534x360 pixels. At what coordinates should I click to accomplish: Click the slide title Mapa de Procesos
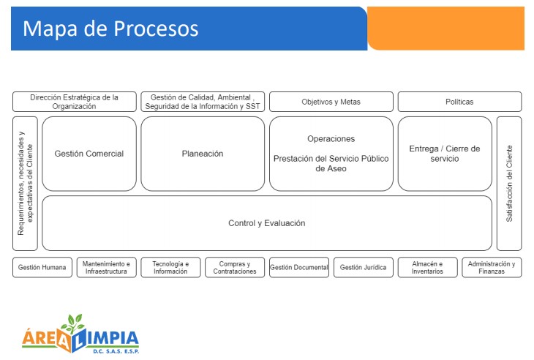click(x=110, y=29)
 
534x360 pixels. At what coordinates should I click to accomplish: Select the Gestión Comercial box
click(x=89, y=154)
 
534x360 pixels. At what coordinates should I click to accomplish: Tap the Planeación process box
click(x=203, y=154)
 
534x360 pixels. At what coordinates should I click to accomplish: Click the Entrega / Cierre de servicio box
click(x=445, y=154)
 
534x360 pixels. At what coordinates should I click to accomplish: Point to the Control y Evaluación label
click(x=267, y=223)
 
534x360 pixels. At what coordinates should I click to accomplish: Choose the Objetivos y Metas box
click(x=331, y=102)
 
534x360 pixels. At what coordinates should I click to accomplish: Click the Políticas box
click(x=459, y=102)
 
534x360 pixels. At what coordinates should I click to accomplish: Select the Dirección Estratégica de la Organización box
click(x=74, y=102)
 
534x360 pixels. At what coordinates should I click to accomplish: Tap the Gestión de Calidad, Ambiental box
click(x=203, y=102)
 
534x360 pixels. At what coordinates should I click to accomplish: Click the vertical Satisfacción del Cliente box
click(x=509, y=183)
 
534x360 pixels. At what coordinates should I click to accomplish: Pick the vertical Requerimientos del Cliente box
click(x=25, y=183)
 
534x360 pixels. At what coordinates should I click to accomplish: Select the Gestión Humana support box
click(x=42, y=268)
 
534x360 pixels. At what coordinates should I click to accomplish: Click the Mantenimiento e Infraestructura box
click(x=107, y=268)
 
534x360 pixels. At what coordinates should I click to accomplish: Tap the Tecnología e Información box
click(x=170, y=268)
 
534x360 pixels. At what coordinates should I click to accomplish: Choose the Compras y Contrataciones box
click(x=235, y=268)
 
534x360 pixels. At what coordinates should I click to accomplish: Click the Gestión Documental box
click(x=299, y=268)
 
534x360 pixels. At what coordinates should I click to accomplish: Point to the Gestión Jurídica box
click(x=364, y=268)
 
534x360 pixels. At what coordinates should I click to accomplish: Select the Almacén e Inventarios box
click(x=427, y=268)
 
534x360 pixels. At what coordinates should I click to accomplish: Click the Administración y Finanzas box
click(x=492, y=268)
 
